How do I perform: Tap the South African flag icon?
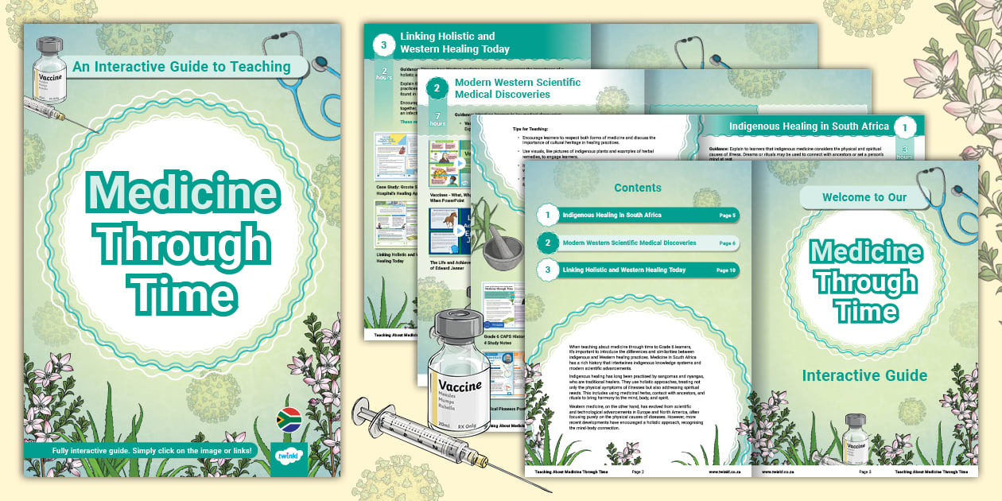pyautogui.click(x=287, y=420)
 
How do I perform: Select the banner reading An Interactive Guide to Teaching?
pyautogui.click(x=182, y=67)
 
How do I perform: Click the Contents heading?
pyautogui.click(x=638, y=188)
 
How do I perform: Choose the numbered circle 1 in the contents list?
pyautogui.click(x=547, y=216)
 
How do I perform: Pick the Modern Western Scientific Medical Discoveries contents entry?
pyautogui.click(x=629, y=243)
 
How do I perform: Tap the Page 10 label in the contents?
pyautogui.click(x=725, y=270)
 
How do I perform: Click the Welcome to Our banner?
pyautogui.click(x=864, y=197)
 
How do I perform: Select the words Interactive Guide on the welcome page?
pyautogui.click(x=864, y=375)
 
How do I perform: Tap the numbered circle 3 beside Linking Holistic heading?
pyautogui.click(x=383, y=45)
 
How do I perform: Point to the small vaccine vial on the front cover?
pyautogui.click(x=49, y=72)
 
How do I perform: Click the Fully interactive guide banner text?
pyautogui.click(x=152, y=451)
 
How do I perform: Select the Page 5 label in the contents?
pyautogui.click(x=727, y=216)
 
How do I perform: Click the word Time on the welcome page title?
pyautogui.click(x=864, y=313)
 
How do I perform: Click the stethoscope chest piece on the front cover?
pyautogui.click(x=320, y=64)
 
